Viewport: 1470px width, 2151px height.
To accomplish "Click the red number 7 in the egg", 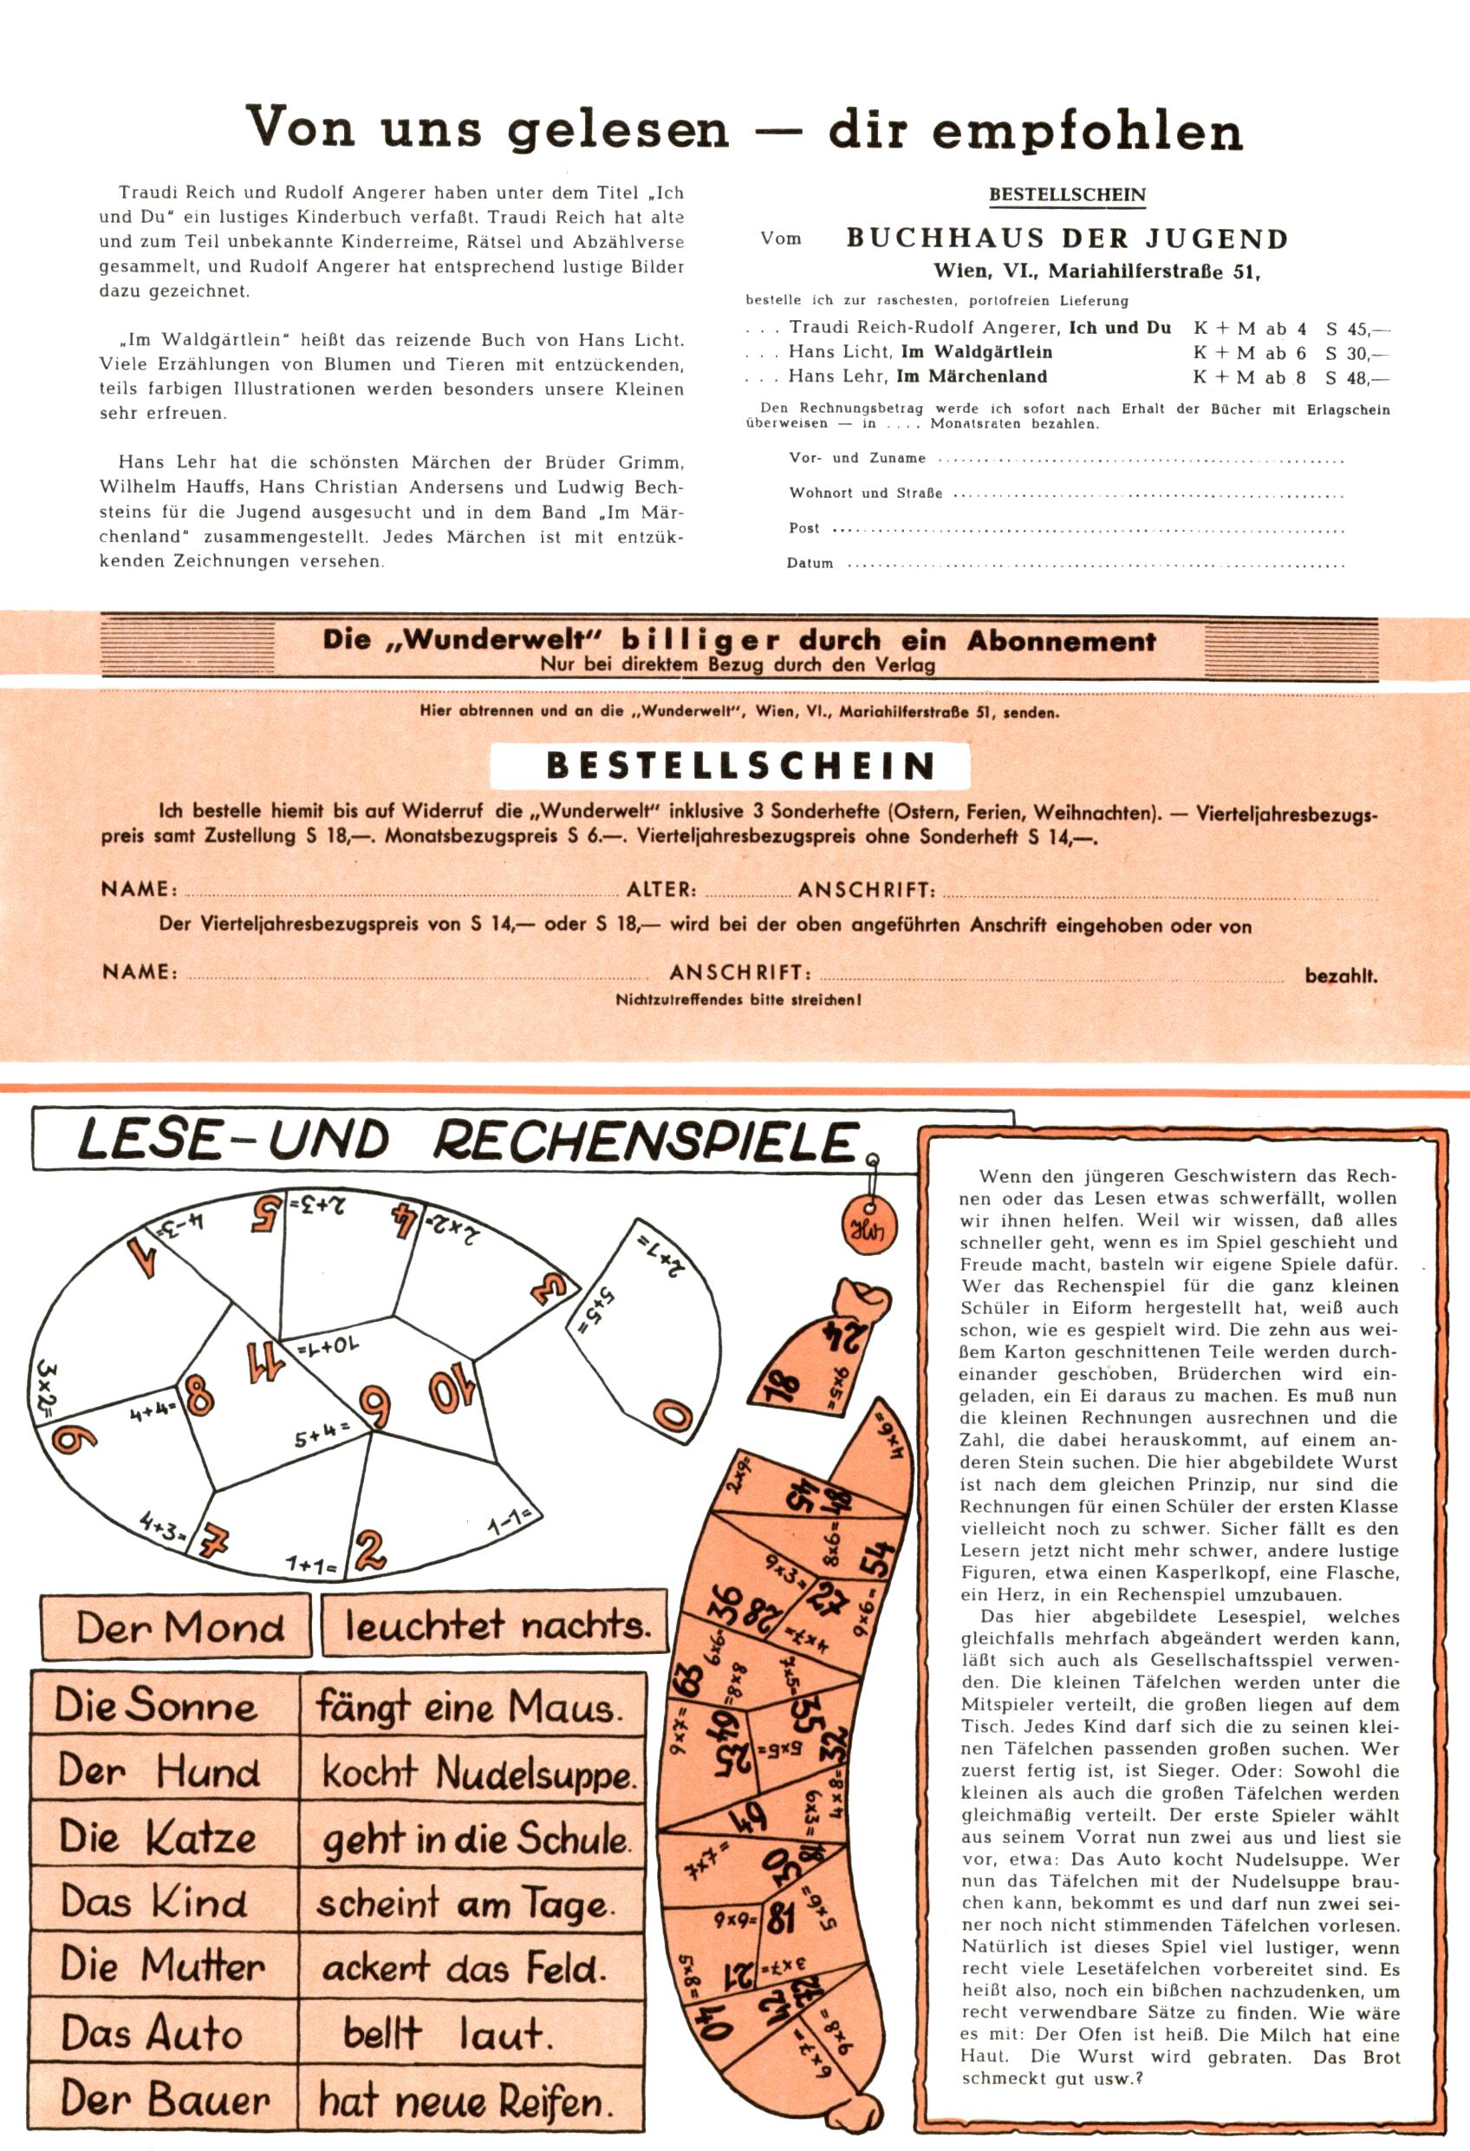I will pyautogui.click(x=215, y=1542).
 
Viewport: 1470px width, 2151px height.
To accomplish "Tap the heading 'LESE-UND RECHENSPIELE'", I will pyautogui.click(x=467, y=1141).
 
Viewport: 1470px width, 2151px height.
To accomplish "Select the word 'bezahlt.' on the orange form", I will pyautogui.click(x=1341, y=976).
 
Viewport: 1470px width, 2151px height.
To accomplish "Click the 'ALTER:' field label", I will pyautogui.click(x=661, y=891).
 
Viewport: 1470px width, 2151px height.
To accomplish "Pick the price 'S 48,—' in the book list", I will pyautogui.click(x=1357, y=376).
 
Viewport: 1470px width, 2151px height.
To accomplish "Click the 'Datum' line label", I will pyautogui.click(x=810, y=563).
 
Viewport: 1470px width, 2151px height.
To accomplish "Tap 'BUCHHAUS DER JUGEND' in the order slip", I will pyautogui.click(x=1067, y=239).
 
